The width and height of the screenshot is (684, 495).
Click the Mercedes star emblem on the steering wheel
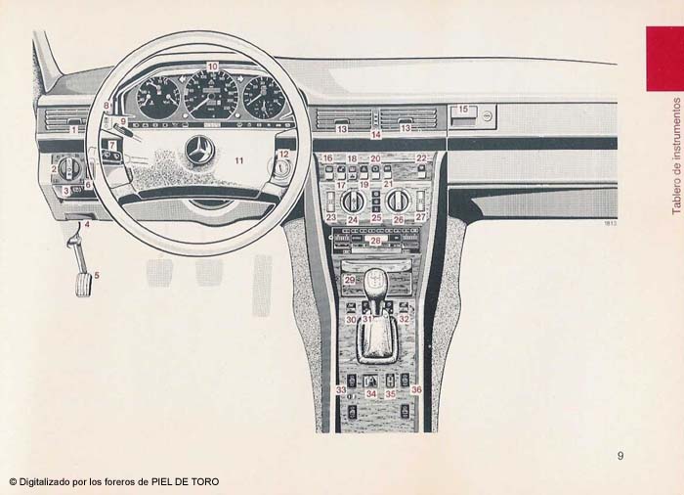point(200,150)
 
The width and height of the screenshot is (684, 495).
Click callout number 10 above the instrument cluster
point(212,67)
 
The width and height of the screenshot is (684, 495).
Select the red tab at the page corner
point(664,58)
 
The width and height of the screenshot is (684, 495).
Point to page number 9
point(620,455)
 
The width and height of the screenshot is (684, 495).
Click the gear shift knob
point(375,284)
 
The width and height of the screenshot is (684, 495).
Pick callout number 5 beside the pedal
point(96,275)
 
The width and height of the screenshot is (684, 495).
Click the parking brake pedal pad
point(83,284)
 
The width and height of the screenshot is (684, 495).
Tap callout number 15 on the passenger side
point(463,110)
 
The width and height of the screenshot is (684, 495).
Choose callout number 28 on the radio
point(374,240)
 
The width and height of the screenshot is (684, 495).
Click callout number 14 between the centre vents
point(375,134)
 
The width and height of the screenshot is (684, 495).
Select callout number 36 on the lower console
point(416,389)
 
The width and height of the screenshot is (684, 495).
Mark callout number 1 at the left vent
point(73,129)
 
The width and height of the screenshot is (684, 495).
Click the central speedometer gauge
point(211,95)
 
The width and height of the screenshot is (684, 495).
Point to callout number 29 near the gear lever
point(350,280)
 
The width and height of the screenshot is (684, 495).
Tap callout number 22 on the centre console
point(421,157)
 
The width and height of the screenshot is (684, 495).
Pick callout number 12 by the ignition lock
point(283,154)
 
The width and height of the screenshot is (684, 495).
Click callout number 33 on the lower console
point(341,389)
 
